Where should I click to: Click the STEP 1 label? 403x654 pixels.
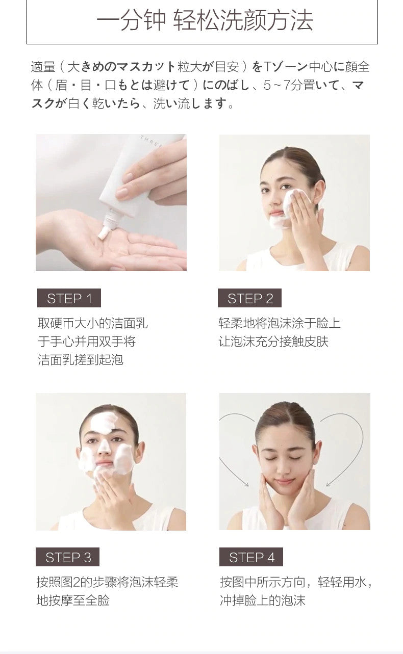tap(69, 298)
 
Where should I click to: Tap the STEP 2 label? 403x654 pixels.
tap(249, 298)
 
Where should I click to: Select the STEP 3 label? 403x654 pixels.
tap(67, 557)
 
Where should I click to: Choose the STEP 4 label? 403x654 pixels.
tap(251, 557)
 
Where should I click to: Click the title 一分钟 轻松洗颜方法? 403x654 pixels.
tap(205, 20)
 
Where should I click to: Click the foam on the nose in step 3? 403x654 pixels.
tap(103, 447)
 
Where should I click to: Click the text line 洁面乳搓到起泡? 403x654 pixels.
tap(81, 359)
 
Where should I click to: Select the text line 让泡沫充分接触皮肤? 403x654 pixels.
tap(273, 342)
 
